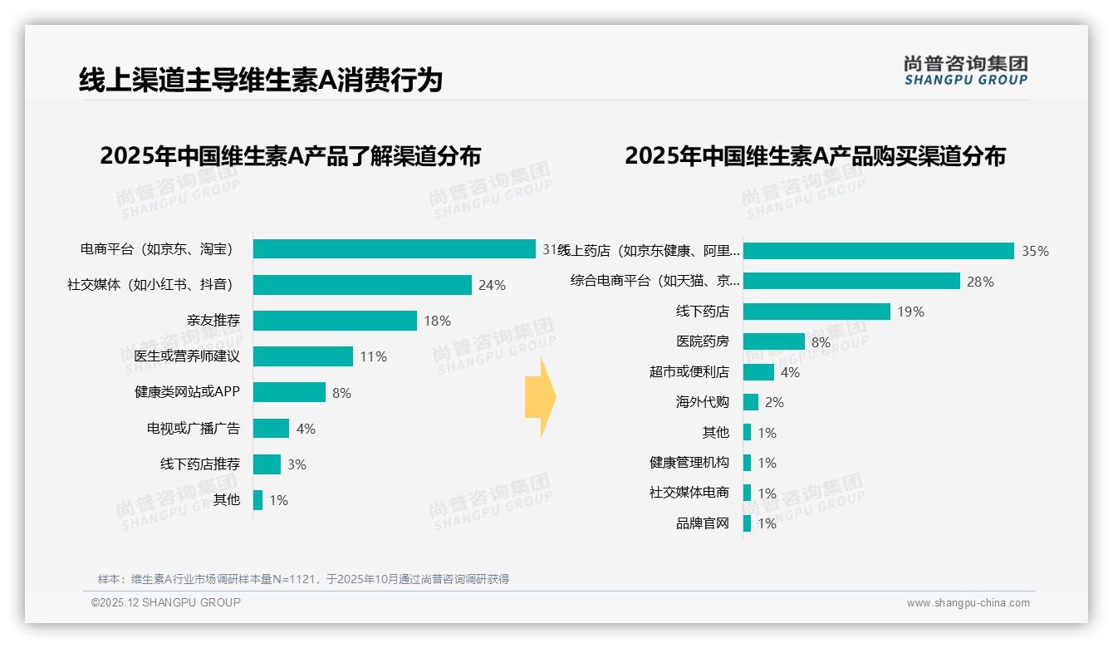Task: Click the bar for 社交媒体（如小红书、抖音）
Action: point(362,285)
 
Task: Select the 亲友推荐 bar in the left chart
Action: point(335,321)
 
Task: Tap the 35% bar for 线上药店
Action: point(878,251)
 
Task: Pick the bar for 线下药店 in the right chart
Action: point(816,312)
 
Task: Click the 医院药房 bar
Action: point(773,341)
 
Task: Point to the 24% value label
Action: point(492,285)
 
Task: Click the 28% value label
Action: point(980,282)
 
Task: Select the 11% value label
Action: point(373,356)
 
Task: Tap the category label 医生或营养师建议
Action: point(187,356)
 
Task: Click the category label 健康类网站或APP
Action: point(187,392)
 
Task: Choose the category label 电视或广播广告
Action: point(194,429)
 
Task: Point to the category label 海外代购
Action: point(702,402)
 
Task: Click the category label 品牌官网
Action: point(702,523)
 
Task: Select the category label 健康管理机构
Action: point(689,463)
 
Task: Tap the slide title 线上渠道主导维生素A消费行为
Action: point(261,81)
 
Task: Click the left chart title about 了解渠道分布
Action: point(290,156)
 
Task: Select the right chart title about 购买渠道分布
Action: point(815,156)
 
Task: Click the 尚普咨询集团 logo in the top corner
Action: point(965,71)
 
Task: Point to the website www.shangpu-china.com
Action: point(968,603)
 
